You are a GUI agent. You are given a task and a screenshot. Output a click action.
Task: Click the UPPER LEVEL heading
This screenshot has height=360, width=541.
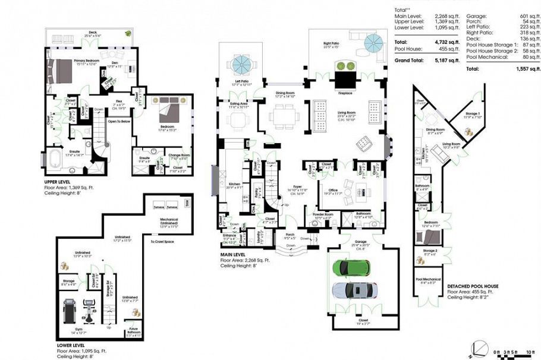click(61, 182)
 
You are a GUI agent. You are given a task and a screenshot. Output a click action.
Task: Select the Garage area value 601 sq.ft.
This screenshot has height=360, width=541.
click(525, 16)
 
